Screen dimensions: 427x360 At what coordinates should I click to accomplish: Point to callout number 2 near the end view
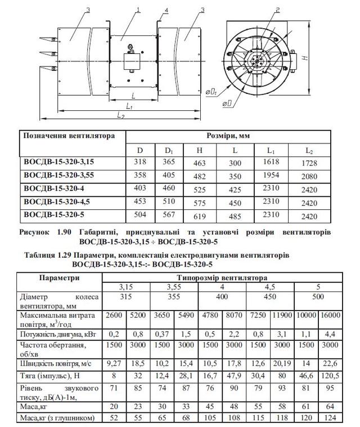[278, 10]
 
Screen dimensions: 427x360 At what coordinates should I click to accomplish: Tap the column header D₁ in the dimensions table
[168, 150]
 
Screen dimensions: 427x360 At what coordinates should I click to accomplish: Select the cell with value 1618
[272, 162]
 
